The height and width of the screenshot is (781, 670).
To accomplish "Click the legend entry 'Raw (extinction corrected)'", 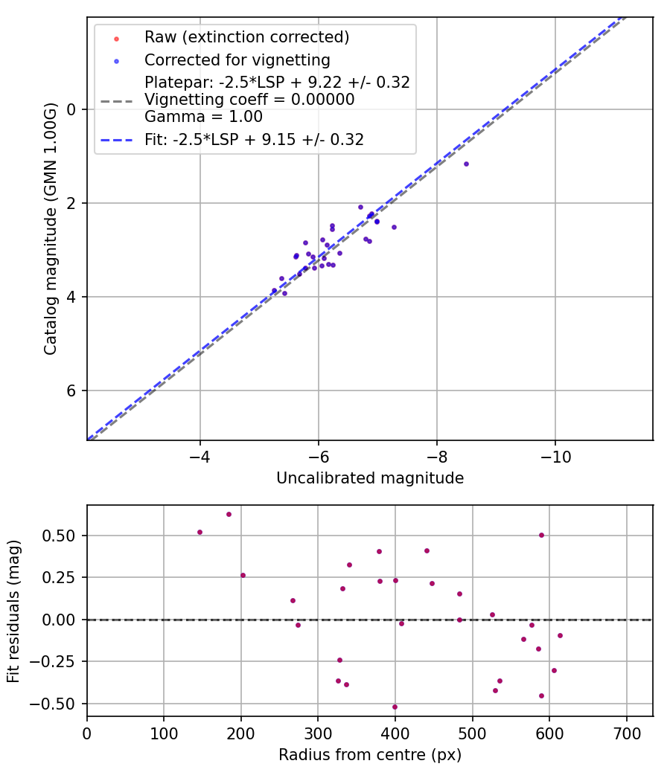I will click(246, 36).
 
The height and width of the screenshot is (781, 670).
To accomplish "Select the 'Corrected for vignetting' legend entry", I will click(237, 60).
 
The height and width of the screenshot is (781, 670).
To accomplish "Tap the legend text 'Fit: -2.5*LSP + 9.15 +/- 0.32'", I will click(254, 139).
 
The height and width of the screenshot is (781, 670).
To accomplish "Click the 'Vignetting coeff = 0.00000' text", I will click(249, 99).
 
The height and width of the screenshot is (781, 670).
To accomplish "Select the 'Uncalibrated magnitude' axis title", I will click(370, 478).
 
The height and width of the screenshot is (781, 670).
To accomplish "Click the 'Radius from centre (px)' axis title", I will click(370, 754).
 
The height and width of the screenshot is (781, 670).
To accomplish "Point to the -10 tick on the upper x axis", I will click(555, 455).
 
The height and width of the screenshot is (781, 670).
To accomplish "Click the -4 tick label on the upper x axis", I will click(200, 455).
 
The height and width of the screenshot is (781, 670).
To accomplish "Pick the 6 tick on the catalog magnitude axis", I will click(72, 390).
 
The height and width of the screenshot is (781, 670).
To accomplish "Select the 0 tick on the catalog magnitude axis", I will click(72, 109).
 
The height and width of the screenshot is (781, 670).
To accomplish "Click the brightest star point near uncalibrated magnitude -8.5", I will click(466, 164).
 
